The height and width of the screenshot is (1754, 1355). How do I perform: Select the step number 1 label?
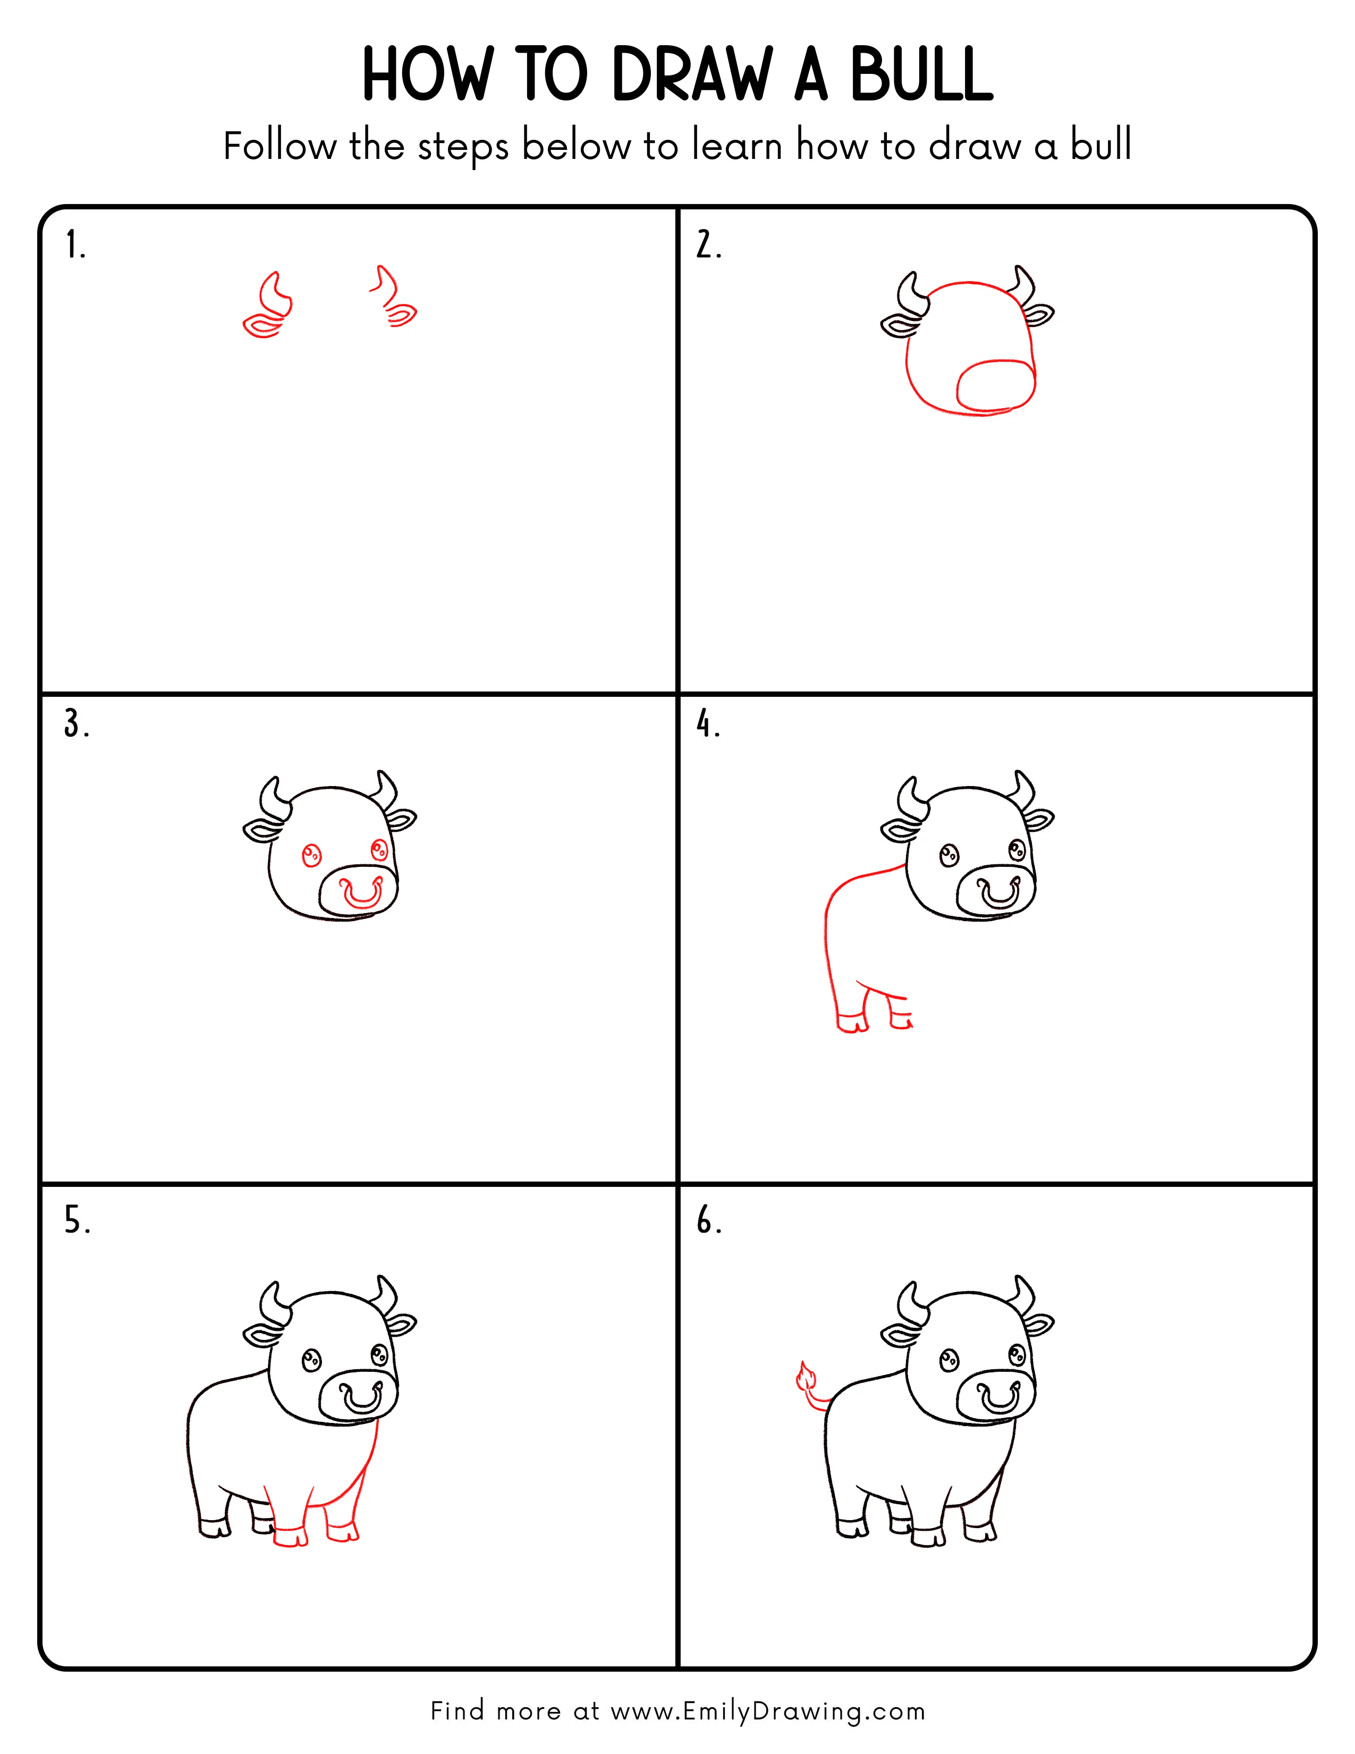pos(74,245)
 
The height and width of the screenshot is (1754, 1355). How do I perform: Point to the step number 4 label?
pos(707,724)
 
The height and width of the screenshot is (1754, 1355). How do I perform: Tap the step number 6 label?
pos(708,1221)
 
